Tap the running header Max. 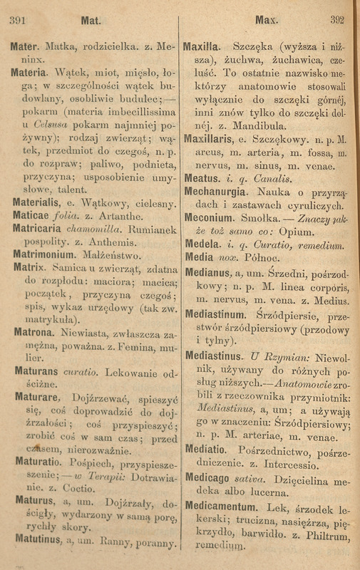click(x=262, y=19)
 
